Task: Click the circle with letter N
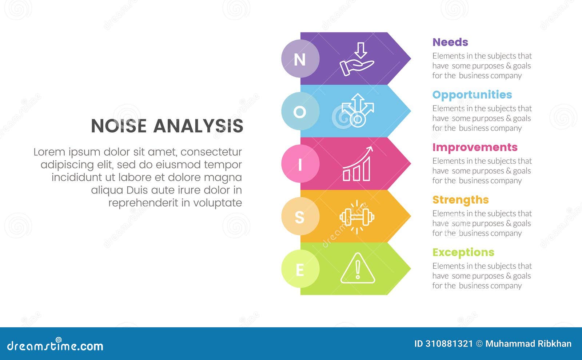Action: [300, 59]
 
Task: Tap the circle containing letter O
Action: [300, 111]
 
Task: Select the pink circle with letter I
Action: [300, 164]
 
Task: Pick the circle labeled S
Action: [300, 216]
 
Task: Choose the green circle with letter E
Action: [300, 269]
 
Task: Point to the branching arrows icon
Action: [358, 111]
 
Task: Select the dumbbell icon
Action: [357, 217]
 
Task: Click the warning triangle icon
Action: [358, 269]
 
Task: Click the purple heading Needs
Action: [450, 42]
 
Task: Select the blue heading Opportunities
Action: [472, 95]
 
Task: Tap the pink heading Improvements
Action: [475, 147]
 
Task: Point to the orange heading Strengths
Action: [460, 200]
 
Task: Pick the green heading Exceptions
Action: [463, 252]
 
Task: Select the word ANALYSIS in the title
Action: [198, 126]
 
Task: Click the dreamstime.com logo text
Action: [55, 345]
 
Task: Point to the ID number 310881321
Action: [449, 344]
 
